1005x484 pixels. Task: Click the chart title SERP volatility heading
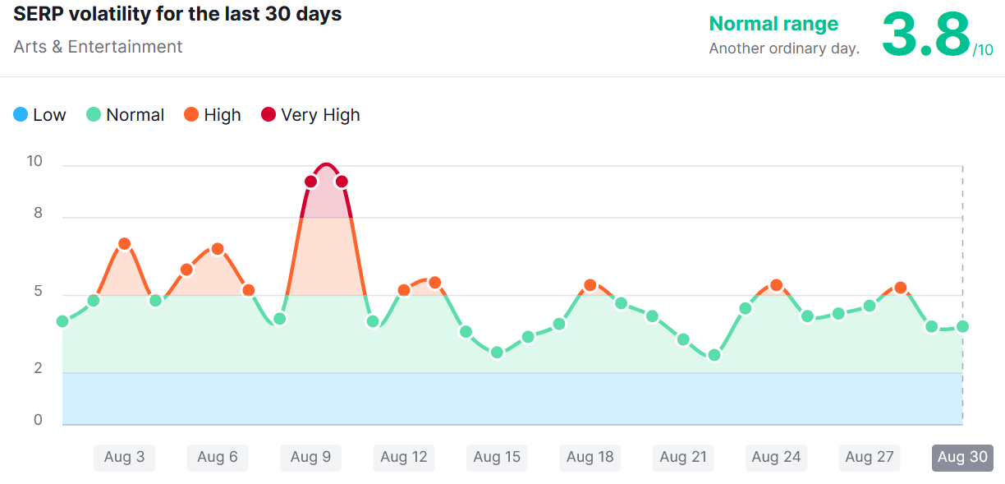coord(177,15)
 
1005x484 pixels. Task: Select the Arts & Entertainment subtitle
coord(98,47)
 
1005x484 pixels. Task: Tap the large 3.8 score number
coord(925,35)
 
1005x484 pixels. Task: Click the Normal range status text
coord(773,24)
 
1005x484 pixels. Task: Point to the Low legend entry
coord(39,115)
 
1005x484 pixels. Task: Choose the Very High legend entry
coord(310,115)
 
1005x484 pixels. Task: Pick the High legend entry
coord(212,115)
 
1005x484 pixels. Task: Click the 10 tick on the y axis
coord(34,161)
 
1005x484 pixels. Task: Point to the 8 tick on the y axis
coord(37,214)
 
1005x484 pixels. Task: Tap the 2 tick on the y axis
coord(37,368)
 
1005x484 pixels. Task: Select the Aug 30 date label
coord(962,458)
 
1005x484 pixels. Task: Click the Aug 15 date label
coord(497,458)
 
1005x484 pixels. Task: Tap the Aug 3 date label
coord(124,458)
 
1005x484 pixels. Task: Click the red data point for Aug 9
coord(311,182)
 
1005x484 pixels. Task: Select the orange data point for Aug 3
coord(125,244)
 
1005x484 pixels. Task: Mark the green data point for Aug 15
coord(497,353)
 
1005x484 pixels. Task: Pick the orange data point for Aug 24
coord(776,285)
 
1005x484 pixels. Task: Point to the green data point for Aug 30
coord(962,326)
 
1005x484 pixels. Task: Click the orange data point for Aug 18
coord(590,285)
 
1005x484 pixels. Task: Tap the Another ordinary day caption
coord(784,48)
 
